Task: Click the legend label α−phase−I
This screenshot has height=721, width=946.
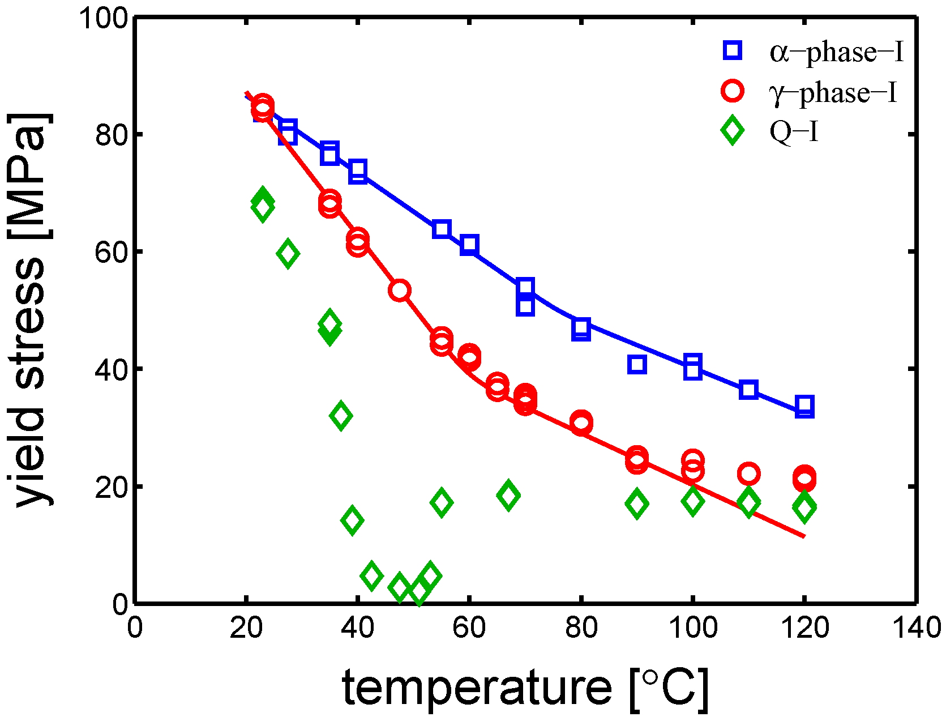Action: [x=836, y=52]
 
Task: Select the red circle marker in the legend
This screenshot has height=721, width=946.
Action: [x=733, y=91]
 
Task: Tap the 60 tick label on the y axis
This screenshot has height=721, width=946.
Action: [x=111, y=251]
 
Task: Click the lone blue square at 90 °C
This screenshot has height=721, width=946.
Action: [x=637, y=365]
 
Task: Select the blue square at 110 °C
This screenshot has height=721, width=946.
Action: [x=748, y=390]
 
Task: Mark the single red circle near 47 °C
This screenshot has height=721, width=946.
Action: [x=400, y=291]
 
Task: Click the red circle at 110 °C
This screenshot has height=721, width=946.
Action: [x=748, y=473]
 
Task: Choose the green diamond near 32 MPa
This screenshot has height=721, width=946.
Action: [x=340, y=416]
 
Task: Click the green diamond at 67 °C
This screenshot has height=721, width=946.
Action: [x=508, y=496]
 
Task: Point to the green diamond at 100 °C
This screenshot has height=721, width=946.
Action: [x=692, y=501]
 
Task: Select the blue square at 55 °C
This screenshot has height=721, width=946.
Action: [x=442, y=229]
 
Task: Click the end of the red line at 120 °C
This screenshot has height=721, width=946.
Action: [x=803, y=536]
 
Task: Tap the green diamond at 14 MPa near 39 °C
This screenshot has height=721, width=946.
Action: [x=352, y=520]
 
